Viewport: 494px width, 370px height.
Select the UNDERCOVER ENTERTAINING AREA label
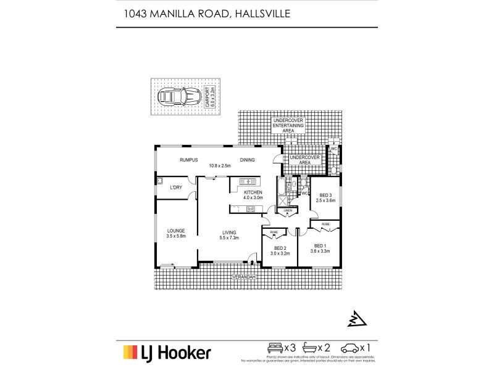point(289,125)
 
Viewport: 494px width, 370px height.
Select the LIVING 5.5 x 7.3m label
point(230,234)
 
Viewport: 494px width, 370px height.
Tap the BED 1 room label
point(320,248)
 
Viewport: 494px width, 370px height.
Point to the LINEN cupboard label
point(287,211)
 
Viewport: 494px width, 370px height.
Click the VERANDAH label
point(243,277)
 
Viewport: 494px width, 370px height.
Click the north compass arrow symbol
point(356,318)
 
